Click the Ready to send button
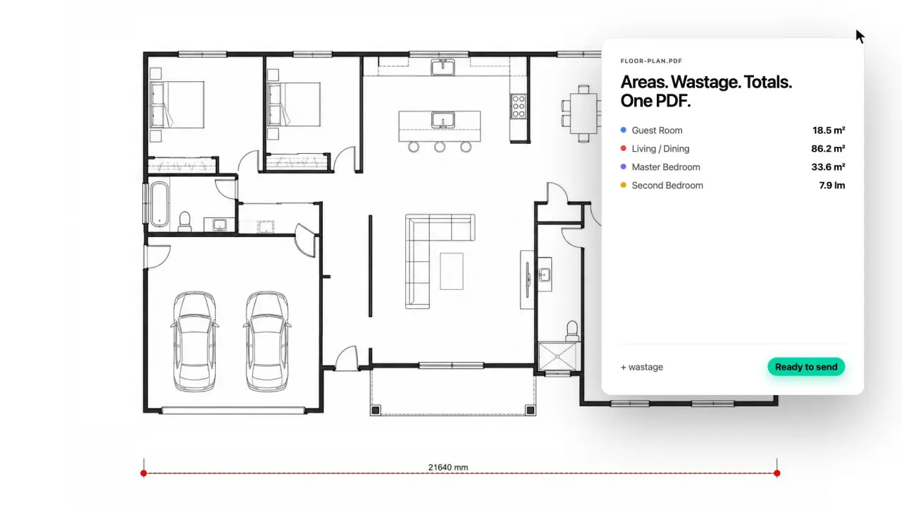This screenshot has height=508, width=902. point(805,367)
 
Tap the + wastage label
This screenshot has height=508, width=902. point(642,368)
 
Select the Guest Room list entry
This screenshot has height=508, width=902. point(657,131)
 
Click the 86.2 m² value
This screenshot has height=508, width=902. point(828,149)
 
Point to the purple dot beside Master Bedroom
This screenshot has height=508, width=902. point(624,167)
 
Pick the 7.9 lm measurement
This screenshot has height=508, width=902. point(832,186)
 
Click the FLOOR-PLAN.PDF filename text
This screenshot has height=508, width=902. point(651,61)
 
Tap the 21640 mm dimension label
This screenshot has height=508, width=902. point(447,467)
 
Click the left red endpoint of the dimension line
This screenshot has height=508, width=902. point(144,473)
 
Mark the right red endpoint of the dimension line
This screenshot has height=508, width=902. point(777,473)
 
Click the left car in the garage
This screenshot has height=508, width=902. point(194,341)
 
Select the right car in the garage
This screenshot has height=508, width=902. point(266,341)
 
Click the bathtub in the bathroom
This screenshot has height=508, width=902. point(159,205)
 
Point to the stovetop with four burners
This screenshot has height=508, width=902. point(518,106)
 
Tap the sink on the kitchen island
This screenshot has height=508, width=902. point(443,120)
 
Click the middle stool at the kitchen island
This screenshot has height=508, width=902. point(440,147)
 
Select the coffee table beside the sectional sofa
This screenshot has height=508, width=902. point(452,272)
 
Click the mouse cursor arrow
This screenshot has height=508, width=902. point(860,36)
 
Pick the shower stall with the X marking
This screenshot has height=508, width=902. point(557,356)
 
